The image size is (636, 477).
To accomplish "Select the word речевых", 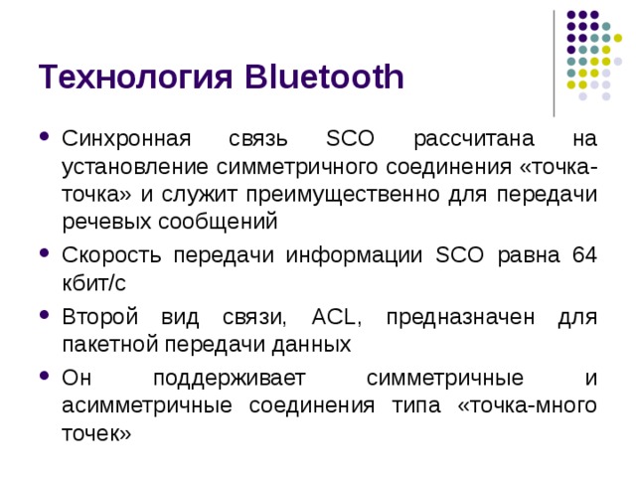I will (x=100, y=221).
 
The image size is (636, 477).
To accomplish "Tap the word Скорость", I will (x=110, y=255).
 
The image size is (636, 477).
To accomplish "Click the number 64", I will (x=584, y=255).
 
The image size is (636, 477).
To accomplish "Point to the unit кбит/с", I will (x=93, y=283).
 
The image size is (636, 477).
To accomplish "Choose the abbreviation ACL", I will (x=339, y=317).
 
